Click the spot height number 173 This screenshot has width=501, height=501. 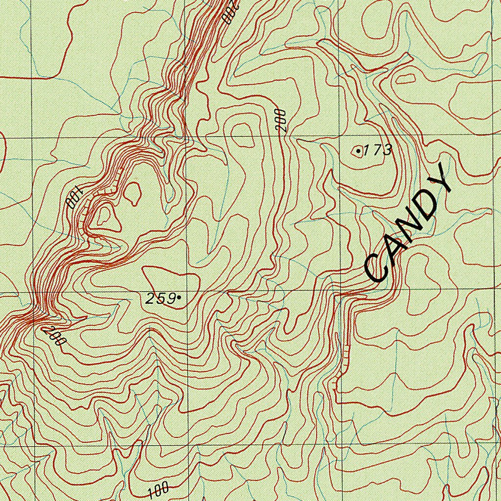click(378, 150)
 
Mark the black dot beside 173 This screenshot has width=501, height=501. click(359, 152)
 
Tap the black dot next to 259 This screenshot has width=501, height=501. click(180, 297)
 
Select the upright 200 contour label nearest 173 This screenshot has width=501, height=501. click(281, 121)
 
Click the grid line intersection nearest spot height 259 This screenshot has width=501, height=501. click(186, 292)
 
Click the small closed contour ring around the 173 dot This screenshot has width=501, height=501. click(356, 152)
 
